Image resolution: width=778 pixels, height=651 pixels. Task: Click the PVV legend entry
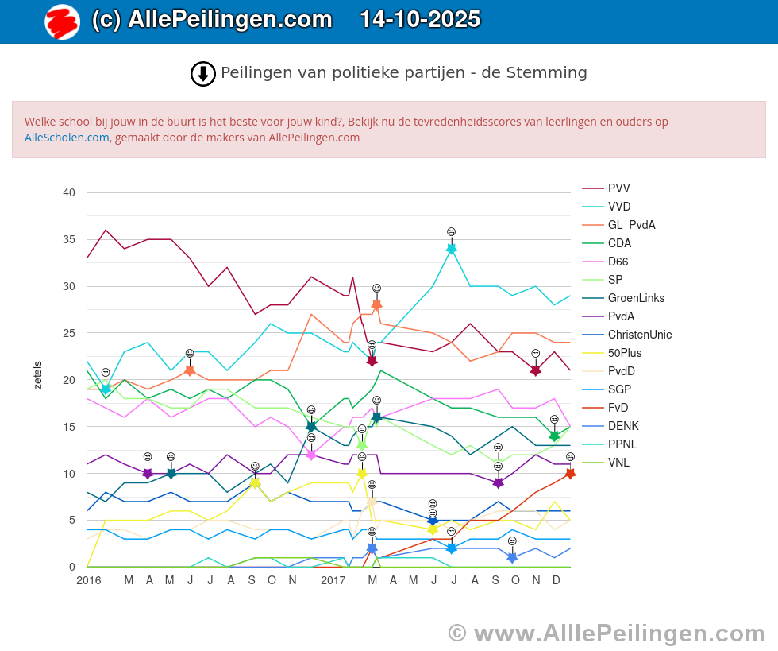[x=618, y=188]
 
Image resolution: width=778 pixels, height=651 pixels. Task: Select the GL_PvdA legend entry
[x=631, y=225]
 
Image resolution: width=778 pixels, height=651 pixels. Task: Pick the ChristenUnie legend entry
[x=639, y=335]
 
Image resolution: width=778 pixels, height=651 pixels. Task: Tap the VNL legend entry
[x=618, y=463]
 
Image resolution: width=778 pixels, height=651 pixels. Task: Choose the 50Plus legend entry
[x=625, y=353]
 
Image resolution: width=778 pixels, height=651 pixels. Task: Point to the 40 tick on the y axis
[x=69, y=192]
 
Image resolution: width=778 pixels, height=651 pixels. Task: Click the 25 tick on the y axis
[x=69, y=333]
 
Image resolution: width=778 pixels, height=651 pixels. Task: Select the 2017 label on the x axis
[x=333, y=581]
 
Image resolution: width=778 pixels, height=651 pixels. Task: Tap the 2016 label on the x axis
[x=88, y=581]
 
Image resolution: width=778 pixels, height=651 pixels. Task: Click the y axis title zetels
[x=38, y=374]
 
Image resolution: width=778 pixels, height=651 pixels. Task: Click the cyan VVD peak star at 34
[x=452, y=249]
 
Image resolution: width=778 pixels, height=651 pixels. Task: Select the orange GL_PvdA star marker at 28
[x=376, y=304]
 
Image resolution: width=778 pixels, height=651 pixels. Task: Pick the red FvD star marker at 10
[x=570, y=473]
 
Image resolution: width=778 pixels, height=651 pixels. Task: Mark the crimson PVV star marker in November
[x=536, y=370]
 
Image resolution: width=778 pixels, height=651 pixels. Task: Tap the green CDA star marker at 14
[x=554, y=436]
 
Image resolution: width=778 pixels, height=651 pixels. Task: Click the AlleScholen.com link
[x=67, y=137]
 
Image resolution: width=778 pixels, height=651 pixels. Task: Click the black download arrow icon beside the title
[x=203, y=74]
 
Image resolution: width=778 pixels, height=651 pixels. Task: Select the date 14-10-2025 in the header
[x=420, y=19]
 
